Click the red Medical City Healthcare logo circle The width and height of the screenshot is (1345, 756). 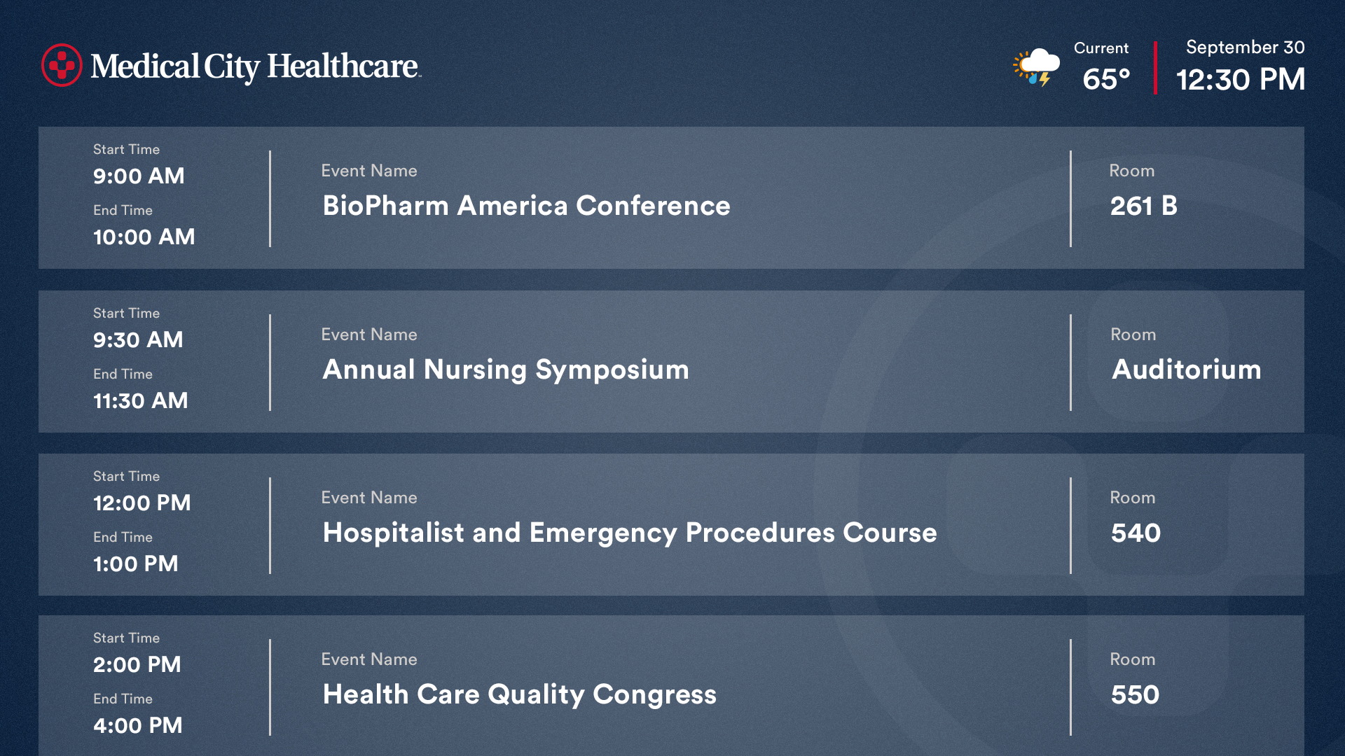pos(62,65)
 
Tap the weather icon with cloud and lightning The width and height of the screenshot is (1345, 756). pos(1036,67)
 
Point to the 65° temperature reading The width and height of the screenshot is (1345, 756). pos(1106,79)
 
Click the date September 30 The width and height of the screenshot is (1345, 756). pos(1245,47)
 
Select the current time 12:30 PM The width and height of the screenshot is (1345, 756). pos(1240,79)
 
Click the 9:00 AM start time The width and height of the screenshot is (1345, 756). pos(139,176)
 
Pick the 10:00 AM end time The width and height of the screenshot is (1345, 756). pos(144,237)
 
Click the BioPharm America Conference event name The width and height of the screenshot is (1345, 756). pos(526,205)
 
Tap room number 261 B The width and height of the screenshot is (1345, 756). pos(1143,205)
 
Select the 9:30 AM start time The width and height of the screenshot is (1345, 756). pos(138,339)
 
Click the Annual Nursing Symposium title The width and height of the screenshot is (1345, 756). pos(506,370)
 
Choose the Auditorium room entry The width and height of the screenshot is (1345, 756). pos(1186,369)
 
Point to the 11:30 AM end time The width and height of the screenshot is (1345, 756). pos(140,400)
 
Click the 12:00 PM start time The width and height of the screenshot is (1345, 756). pos(142,503)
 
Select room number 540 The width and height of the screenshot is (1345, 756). pos(1136,533)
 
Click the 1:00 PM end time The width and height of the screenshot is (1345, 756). pos(135,563)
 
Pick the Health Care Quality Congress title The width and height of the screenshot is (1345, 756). pos(519,694)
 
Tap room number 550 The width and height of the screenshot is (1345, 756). pos(1135,694)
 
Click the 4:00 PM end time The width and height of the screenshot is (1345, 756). pos(137,725)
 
